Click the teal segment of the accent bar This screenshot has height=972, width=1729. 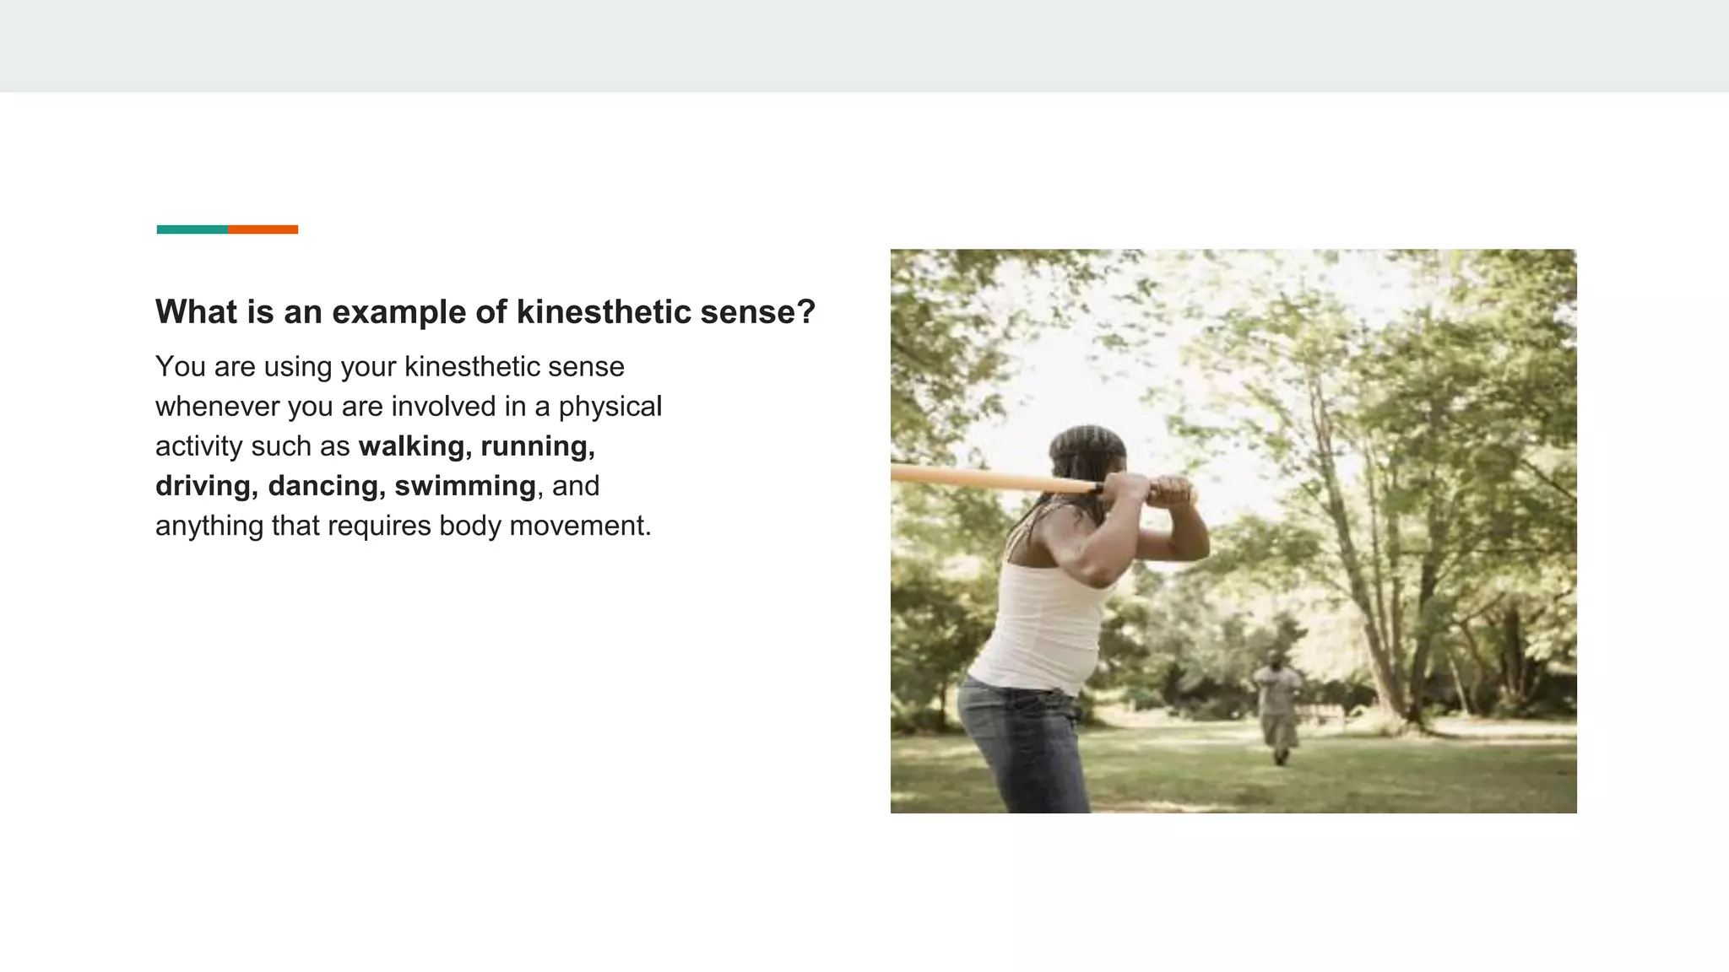[x=192, y=229]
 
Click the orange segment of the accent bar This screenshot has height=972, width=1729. [x=263, y=229]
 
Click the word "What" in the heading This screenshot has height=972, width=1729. [x=196, y=312]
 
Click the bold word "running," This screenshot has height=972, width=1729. [x=538, y=446]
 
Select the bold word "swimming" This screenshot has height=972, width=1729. [x=465, y=486]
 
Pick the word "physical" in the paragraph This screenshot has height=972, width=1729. [x=610, y=407]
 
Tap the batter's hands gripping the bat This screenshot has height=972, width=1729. [x=1148, y=489]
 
